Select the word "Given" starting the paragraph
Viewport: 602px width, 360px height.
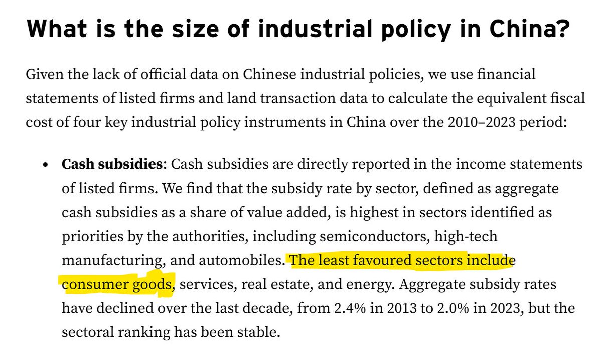(44, 74)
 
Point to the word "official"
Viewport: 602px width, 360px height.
(163, 74)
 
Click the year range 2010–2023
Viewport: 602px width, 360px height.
(481, 122)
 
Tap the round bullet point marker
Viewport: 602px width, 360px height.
(45, 164)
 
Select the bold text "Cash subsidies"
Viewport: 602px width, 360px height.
(112, 164)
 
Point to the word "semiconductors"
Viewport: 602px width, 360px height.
(373, 236)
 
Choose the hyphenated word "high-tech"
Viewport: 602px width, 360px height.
(466, 237)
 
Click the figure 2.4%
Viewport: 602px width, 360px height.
(350, 308)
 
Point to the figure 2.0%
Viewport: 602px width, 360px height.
(453, 308)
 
